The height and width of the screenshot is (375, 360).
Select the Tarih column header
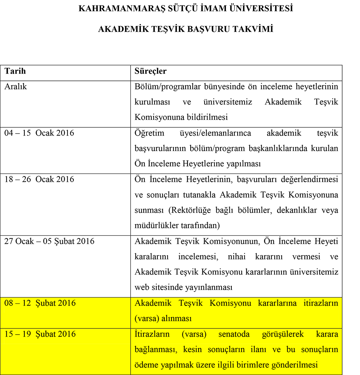point(15,72)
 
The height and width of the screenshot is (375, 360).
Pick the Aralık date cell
point(15,87)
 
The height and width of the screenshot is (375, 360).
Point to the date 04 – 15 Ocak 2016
point(39,133)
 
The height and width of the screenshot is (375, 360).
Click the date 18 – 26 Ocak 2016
point(39,179)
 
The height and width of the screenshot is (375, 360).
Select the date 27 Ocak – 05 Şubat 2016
point(49,241)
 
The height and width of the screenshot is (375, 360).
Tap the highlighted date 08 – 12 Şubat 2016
point(40,303)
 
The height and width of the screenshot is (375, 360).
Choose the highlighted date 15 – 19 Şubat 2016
point(40,334)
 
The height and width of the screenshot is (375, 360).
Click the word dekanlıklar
point(291,210)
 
